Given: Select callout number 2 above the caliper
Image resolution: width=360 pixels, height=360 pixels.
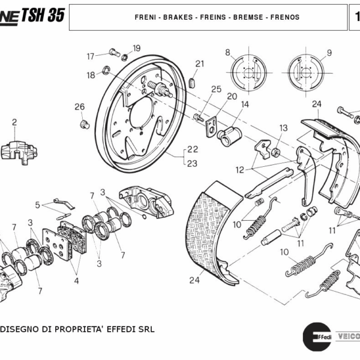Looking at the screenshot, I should (14, 122).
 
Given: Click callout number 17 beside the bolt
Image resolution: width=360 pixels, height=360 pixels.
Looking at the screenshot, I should (91, 56).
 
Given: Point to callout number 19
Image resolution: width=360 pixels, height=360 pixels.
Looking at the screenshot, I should (136, 48).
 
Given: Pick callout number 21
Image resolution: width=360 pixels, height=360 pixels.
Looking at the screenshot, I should (200, 64).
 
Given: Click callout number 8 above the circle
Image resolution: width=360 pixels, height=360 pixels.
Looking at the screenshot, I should (228, 53).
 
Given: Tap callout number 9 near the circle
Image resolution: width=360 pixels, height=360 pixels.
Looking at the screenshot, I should (329, 53).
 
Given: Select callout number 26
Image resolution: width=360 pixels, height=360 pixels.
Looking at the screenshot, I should (79, 107).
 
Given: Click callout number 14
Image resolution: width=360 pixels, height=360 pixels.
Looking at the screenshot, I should (245, 104).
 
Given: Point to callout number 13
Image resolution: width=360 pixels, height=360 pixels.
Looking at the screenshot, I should (283, 128).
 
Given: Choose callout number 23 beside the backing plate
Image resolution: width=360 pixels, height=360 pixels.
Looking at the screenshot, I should (193, 163).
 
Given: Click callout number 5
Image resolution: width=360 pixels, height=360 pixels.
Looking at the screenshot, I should (37, 205).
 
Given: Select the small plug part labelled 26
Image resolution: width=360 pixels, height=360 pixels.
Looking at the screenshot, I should (85, 124).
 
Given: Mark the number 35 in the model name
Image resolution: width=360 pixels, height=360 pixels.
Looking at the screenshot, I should (54, 16).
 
